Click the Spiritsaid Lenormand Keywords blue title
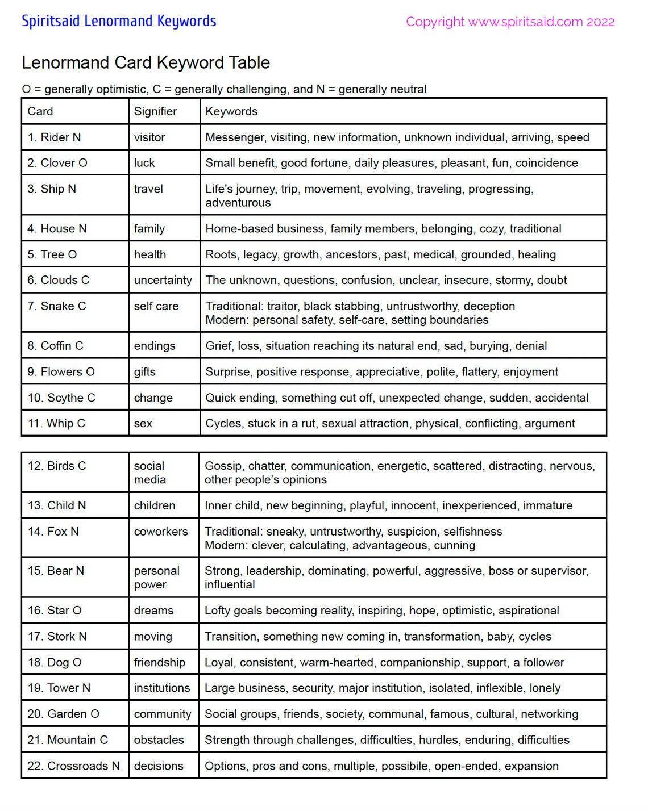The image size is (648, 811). pyautogui.click(x=119, y=22)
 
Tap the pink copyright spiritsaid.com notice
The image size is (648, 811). pyautogui.click(x=510, y=22)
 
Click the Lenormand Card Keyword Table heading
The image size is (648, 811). pyautogui.click(x=146, y=62)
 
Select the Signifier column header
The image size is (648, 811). pyautogui.click(x=155, y=111)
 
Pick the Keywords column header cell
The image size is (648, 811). pyautogui.click(x=231, y=111)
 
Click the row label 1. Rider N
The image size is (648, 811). pyautogui.click(x=54, y=137)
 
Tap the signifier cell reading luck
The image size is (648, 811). pyautogui.click(x=144, y=163)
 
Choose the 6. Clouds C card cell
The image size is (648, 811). pyautogui.click(x=58, y=280)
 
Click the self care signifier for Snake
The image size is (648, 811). pyautogui.click(x=156, y=306)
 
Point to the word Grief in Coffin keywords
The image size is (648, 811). pyautogui.click(x=218, y=346)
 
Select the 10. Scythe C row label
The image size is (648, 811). pyautogui.click(x=61, y=398)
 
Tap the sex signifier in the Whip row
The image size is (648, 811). pyautogui.click(x=143, y=424)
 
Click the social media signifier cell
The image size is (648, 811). pyautogui.click(x=150, y=473)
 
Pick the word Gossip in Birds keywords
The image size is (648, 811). pyautogui.click(x=223, y=466)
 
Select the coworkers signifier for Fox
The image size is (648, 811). pyautogui.click(x=161, y=532)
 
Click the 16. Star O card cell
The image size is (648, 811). pyautogui.click(x=55, y=611)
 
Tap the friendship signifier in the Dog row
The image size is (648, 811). pyautogui.click(x=160, y=662)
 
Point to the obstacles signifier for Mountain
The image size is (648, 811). pyautogui.click(x=159, y=740)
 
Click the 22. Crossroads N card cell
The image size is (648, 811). pyautogui.click(x=74, y=766)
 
